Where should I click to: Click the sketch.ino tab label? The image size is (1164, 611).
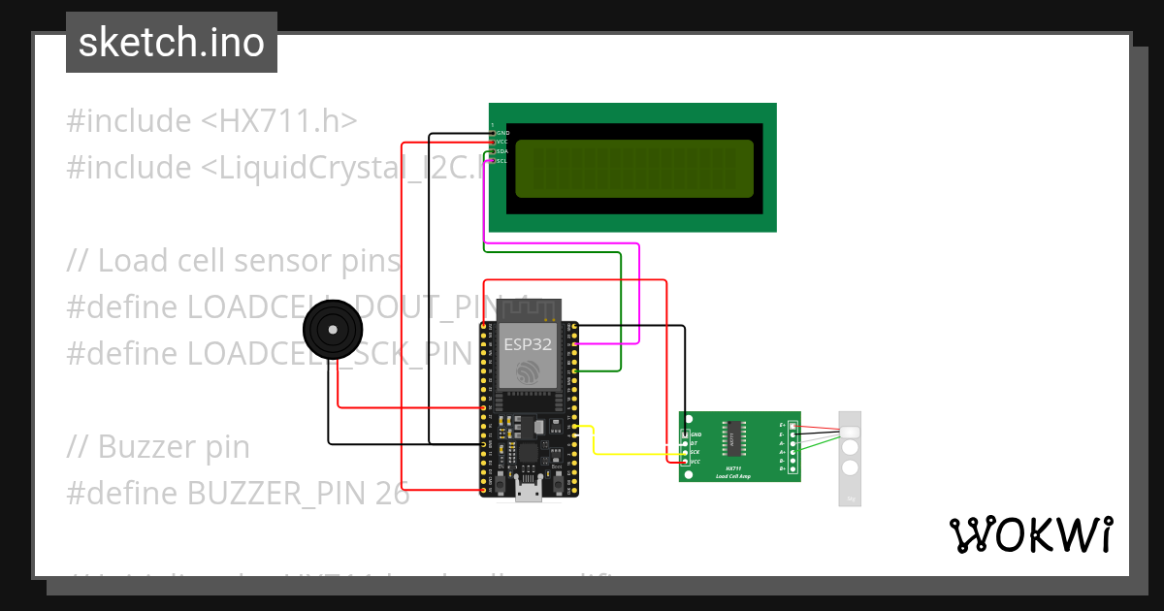[172, 43]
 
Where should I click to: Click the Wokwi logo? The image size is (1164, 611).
[1030, 534]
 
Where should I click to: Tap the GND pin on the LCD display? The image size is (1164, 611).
[494, 132]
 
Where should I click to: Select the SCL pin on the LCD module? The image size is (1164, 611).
[494, 161]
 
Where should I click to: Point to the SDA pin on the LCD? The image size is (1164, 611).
[494, 151]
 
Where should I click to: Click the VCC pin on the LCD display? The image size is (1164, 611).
[494, 142]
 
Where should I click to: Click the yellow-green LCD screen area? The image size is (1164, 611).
[634, 167]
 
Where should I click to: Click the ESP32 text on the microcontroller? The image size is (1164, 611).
[528, 343]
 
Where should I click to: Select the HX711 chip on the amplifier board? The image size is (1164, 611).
[731, 438]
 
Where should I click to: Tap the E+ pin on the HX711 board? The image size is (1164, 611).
[792, 425]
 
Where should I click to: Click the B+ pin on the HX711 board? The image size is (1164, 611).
[792, 469]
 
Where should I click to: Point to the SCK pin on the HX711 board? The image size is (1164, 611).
[686, 452]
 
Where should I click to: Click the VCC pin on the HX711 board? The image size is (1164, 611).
[686, 462]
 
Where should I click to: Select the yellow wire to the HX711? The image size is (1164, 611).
[630, 454]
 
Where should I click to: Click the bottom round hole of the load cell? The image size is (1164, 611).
[851, 467]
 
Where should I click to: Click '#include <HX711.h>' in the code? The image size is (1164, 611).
[212, 121]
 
